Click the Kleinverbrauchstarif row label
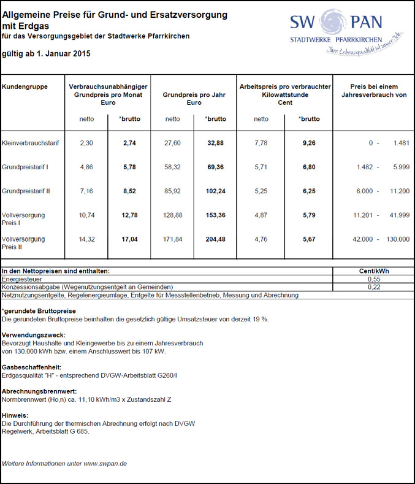(x=31, y=143)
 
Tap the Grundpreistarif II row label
(x=26, y=191)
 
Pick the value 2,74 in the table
(x=129, y=143)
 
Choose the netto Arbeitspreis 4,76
(x=261, y=239)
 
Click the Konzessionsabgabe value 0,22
(x=373, y=286)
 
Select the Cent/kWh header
(x=373, y=271)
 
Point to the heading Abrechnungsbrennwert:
(x=39, y=391)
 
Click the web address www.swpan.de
(x=105, y=464)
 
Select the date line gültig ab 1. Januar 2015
(x=46, y=54)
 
